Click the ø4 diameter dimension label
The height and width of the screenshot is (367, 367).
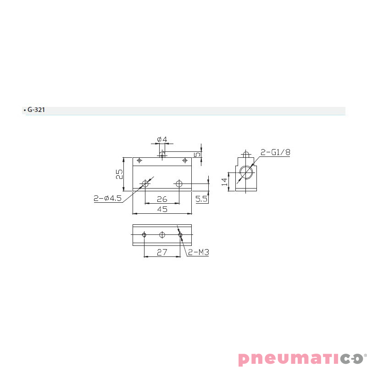pos(161,139)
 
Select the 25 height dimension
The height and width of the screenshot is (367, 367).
pos(119,174)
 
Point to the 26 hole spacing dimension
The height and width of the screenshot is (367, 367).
pos(161,200)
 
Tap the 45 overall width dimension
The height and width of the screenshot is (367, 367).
pos(161,209)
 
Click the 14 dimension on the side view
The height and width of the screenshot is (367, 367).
pos(224,182)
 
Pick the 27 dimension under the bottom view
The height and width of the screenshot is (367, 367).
pos(161,252)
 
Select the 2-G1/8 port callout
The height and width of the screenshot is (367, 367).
pos(275,152)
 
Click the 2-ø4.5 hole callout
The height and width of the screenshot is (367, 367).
pos(107,199)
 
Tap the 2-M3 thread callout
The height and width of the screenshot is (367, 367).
pos(198,252)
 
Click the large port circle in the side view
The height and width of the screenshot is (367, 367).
pos(246,173)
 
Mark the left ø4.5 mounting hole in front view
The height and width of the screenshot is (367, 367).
pos(145,184)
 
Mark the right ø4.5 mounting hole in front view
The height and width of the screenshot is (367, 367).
pos(179,184)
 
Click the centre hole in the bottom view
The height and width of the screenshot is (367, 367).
pos(161,235)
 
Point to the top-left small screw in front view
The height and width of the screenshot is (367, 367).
pos(139,161)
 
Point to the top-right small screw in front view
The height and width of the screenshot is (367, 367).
pos(184,161)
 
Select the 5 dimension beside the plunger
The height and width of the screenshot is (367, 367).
pos(197,155)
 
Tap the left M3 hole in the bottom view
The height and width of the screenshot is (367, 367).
pos(144,235)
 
